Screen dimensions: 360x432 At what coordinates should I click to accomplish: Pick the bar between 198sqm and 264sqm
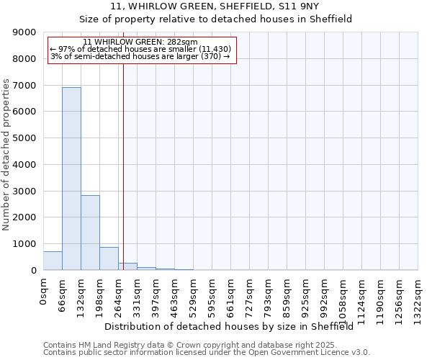tap(109, 258)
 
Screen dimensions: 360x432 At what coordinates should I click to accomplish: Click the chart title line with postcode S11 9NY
tap(215, 6)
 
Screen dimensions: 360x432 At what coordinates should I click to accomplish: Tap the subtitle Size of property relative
tap(215, 19)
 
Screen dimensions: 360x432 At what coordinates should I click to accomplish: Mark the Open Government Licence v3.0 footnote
tap(207, 352)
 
